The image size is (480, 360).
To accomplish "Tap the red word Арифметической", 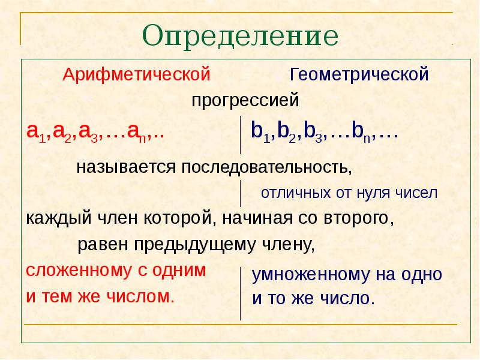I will tap(137, 75).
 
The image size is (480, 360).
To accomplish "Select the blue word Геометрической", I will tap(359, 75).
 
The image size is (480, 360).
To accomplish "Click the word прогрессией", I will tap(245, 100).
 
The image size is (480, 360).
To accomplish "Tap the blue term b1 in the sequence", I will tap(259, 132).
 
